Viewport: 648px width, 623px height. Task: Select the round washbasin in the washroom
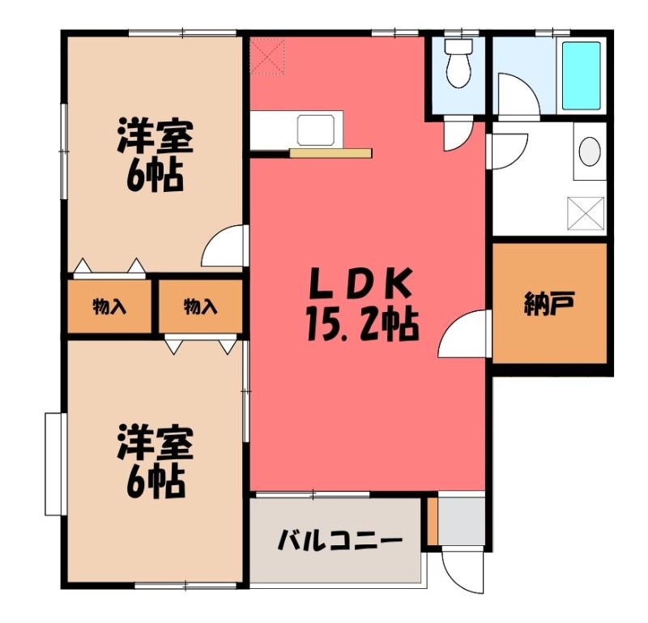click(x=590, y=151)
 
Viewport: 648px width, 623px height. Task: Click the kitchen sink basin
click(x=316, y=130)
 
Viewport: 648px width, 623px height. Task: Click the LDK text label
click(x=360, y=284)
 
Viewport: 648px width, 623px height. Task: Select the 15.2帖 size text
click(x=363, y=326)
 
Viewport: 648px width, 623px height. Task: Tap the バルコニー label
click(x=339, y=540)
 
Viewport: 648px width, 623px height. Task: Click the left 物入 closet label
click(x=109, y=307)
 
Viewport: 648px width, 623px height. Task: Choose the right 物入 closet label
click(x=200, y=307)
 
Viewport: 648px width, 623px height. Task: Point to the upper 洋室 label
click(x=155, y=136)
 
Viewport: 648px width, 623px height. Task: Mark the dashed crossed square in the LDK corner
click(x=267, y=57)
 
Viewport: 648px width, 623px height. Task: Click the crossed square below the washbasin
click(x=586, y=213)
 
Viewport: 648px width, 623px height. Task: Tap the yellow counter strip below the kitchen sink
click(x=330, y=153)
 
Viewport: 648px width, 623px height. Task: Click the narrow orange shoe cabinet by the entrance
click(x=432, y=521)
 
